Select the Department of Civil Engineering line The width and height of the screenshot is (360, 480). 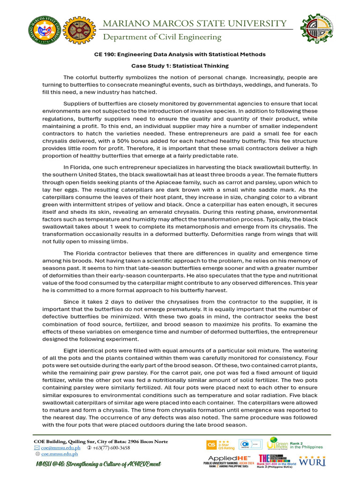pyautogui.click(x=162, y=37)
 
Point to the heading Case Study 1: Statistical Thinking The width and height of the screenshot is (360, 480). pyautogui.click(x=180, y=66)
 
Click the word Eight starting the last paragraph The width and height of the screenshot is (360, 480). pyautogui.click(x=71, y=351)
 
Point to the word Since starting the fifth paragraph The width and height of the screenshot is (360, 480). pyautogui.click(x=72, y=302)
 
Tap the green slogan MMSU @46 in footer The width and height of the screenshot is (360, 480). pyautogui.click(x=98, y=464)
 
